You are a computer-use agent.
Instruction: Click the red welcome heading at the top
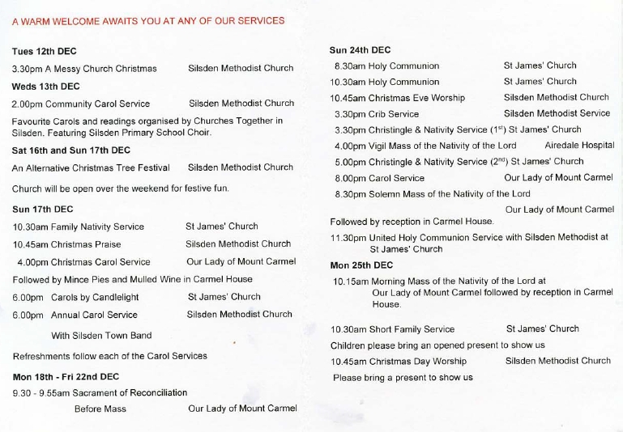point(148,21)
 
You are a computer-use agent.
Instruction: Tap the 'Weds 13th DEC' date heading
point(46,86)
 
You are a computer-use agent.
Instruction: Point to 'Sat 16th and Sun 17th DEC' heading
point(71,150)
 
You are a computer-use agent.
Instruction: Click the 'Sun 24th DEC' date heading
point(360,49)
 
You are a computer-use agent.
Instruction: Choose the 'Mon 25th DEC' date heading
point(361,265)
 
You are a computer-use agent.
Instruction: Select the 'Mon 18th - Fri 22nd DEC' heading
point(66,376)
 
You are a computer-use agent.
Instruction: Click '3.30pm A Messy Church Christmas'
point(84,69)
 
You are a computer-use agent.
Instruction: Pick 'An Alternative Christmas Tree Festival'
point(92,168)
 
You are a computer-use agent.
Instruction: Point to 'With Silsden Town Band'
point(101,336)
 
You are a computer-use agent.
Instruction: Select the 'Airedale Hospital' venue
point(579,146)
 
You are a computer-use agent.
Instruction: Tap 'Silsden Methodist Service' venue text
point(557,113)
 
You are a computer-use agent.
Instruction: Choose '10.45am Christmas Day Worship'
point(399,361)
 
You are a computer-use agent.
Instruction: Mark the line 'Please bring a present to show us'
point(403,377)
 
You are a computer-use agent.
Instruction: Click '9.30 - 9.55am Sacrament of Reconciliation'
point(100,393)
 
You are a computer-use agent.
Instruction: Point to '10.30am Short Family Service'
point(393,329)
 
